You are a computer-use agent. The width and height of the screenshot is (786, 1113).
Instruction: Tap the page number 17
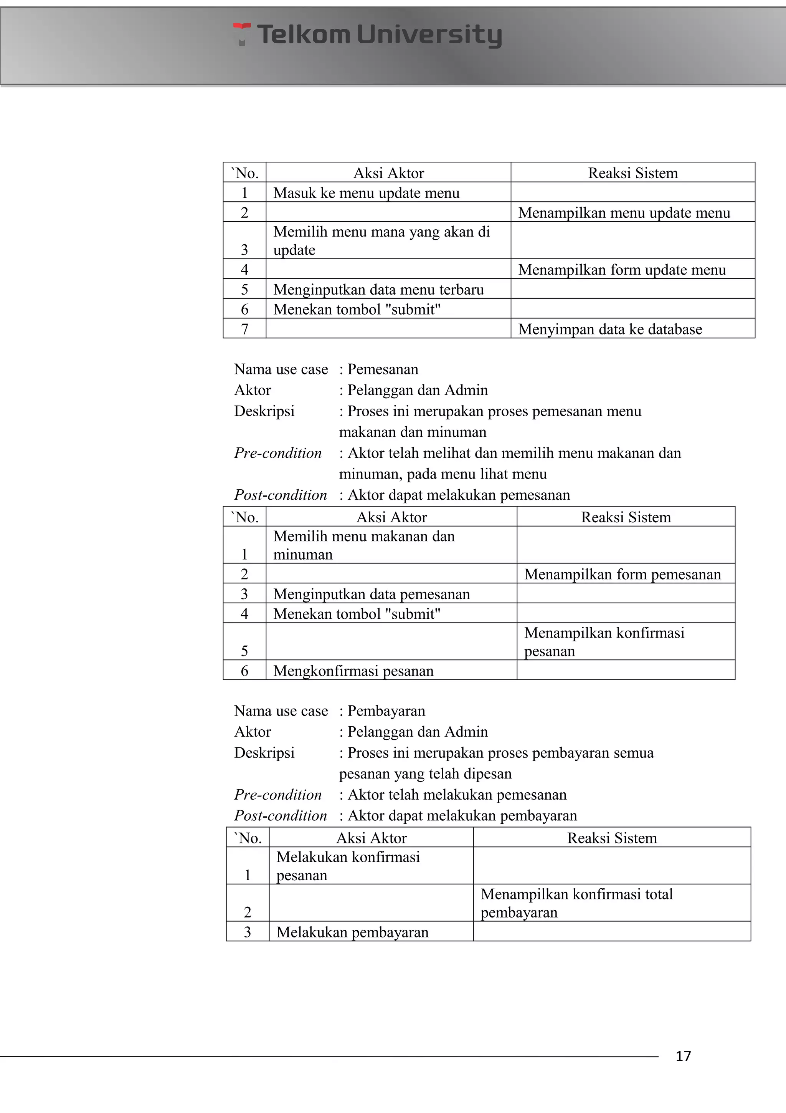click(x=683, y=1056)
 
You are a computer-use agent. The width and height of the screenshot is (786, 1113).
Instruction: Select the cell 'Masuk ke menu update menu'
click(x=366, y=193)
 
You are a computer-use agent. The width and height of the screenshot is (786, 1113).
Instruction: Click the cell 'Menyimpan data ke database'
click(x=610, y=329)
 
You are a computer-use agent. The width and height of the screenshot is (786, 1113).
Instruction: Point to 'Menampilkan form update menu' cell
click(x=622, y=270)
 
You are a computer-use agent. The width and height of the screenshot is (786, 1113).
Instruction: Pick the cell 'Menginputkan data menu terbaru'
click(x=378, y=290)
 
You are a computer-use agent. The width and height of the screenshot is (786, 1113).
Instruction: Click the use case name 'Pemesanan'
click(x=383, y=369)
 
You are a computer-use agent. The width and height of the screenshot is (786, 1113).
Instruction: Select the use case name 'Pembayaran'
click(x=386, y=711)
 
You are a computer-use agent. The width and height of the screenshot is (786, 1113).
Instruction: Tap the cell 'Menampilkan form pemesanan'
click(x=622, y=574)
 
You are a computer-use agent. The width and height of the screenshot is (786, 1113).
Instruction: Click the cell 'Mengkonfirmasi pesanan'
click(x=353, y=671)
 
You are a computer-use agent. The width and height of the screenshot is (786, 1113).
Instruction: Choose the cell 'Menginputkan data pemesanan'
click(x=372, y=594)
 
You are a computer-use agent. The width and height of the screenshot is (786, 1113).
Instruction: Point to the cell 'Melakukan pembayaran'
click(x=352, y=932)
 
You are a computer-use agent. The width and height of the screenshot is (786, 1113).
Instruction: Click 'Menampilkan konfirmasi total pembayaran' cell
click(x=576, y=903)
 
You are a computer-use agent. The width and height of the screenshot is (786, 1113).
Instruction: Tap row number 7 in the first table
click(x=244, y=329)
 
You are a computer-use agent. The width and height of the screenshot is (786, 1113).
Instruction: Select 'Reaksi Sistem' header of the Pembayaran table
click(x=612, y=838)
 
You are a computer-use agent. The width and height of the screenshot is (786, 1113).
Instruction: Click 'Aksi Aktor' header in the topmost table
click(x=388, y=173)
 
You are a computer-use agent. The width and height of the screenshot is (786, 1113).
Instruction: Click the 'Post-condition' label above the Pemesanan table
click(x=281, y=495)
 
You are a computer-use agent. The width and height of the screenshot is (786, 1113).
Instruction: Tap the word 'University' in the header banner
click(x=429, y=35)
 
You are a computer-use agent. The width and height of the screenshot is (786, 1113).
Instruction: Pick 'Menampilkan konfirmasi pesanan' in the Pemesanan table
click(x=604, y=641)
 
